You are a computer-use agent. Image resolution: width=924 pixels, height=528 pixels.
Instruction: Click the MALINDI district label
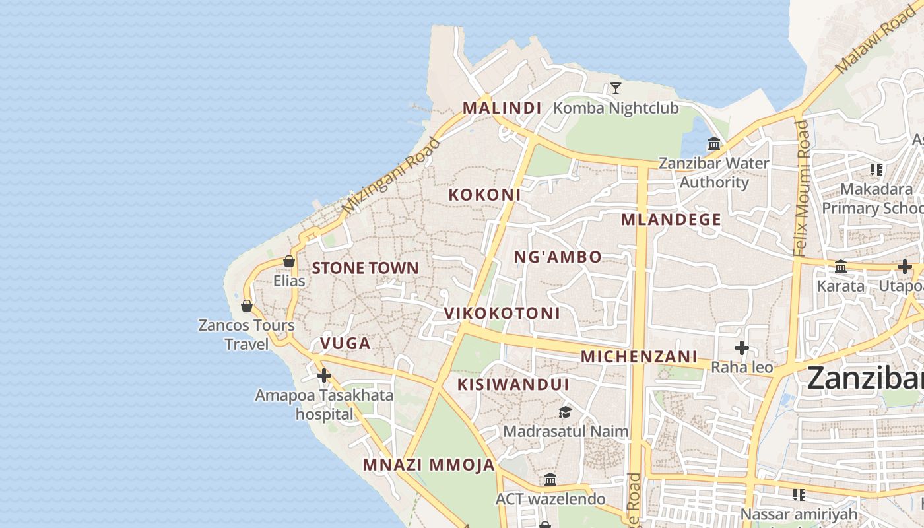coord(502,108)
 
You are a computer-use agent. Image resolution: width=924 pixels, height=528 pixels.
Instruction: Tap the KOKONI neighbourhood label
coord(484,195)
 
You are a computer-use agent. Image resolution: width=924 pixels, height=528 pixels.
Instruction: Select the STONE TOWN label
coord(365,268)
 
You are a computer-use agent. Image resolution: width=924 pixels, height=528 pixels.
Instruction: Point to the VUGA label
coord(345,343)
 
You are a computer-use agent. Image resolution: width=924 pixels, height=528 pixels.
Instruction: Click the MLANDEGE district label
coord(671,220)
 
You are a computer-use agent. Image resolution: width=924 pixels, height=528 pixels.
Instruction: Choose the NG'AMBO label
coord(558,257)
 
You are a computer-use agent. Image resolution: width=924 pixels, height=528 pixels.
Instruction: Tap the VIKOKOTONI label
coord(502,313)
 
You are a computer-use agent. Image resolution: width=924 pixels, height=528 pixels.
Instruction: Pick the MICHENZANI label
coord(638,356)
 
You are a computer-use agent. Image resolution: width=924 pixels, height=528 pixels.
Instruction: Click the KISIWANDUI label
coord(513,384)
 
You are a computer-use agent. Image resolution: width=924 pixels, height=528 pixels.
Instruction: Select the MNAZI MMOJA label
coord(428,465)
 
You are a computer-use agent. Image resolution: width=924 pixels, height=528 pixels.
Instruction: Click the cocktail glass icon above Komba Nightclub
coord(615,88)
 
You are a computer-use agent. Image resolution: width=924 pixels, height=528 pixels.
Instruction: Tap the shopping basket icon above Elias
coord(289,261)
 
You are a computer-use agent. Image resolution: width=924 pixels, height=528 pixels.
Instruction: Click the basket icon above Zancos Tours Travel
coord(247,306)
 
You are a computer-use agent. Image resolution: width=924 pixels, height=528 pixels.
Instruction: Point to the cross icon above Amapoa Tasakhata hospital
coord(323,376)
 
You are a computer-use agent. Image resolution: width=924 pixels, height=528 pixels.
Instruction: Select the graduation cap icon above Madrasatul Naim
coord(565,412)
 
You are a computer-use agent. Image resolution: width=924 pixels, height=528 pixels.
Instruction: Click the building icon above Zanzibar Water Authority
coord(714,143)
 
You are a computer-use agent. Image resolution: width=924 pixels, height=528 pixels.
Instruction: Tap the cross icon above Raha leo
coord(742,347)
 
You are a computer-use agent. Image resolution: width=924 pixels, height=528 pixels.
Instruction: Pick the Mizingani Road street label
coord(391,175)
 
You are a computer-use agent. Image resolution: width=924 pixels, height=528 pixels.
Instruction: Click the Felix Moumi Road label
coord(801,188)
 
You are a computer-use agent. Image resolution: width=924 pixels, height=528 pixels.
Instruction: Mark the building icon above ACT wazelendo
coord(550,479)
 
